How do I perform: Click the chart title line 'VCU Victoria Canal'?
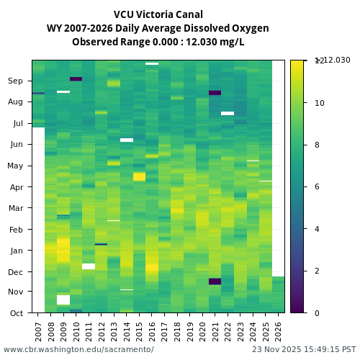(158, 14)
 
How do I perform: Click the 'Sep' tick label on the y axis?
(15, 81)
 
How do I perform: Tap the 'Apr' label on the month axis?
(16, 186)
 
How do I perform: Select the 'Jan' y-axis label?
(16, 251)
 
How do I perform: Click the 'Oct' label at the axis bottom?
(16, 312)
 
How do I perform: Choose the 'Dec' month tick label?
(15, 271)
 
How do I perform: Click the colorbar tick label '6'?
(318, 186)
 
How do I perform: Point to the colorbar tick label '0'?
(318, 312)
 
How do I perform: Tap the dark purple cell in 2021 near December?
(215, 281)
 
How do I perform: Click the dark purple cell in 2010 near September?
(76, 78)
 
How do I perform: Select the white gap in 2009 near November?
(63, 300)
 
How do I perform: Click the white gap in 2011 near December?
(89, 266)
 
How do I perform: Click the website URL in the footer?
(78, 349)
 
